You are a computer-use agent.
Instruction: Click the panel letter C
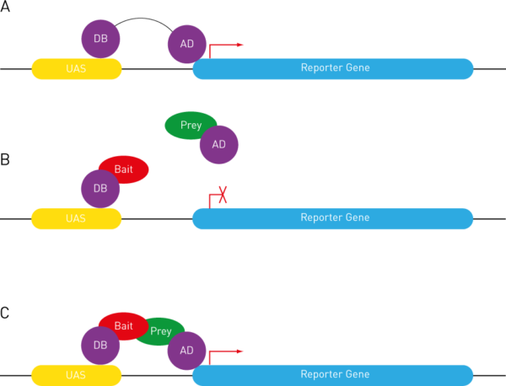pos(4,314)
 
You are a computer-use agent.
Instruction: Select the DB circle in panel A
pos(101,38)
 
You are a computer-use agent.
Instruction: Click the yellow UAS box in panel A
pos(77,68)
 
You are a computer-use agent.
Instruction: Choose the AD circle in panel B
pos(218,145)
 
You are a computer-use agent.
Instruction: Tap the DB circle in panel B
pos(100,189)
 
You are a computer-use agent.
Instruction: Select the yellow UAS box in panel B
pos(77,218)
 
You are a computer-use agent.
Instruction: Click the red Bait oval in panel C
pos(122,324)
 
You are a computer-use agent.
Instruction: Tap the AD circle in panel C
pos(186,350)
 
